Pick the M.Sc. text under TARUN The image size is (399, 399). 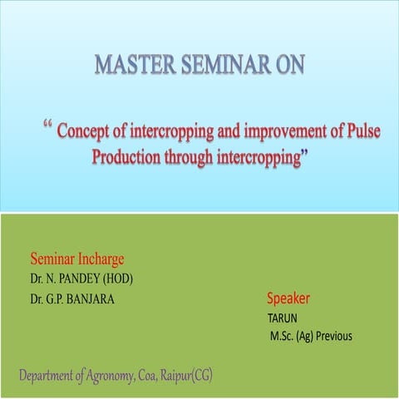pyautogui.click(x=283, y=337)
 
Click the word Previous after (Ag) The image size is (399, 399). pyautogui.click(x=333, y=337)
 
